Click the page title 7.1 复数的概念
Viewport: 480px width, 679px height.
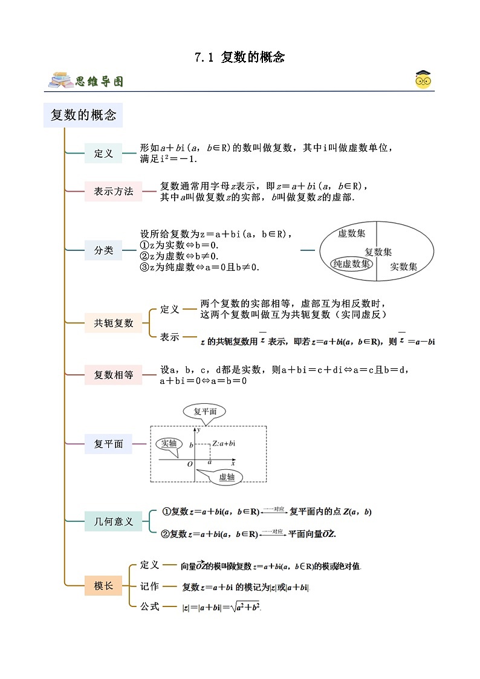[239, 57]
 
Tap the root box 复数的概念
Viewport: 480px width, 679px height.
[83, 115]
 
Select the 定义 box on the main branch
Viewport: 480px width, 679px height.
[103, 154]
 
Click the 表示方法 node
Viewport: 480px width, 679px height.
[113, 192]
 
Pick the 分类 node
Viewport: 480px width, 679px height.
[103, 250]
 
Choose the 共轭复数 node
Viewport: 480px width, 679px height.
[113, 323]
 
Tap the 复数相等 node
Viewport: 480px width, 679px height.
[113, 375]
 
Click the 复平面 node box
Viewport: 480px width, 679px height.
[108, 444]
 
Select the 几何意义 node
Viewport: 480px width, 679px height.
[113, 521]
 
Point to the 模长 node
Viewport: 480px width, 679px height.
[103, 585]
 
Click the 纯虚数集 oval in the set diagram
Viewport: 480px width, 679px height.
[352, 264]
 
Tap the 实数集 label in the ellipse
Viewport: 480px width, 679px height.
[403, 266]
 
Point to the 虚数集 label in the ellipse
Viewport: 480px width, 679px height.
[351, 233]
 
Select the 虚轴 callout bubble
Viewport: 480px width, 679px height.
[226, 477]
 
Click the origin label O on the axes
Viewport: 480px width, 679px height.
[189, 464]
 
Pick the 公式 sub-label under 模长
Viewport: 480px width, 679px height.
[149, 606]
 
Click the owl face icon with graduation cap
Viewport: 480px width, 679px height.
[423, 80]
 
